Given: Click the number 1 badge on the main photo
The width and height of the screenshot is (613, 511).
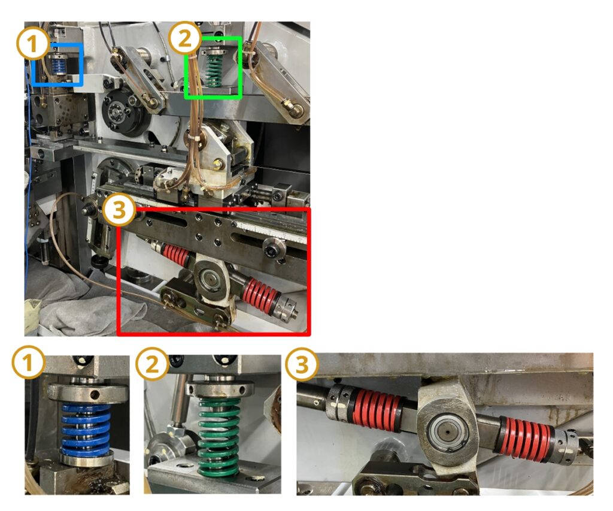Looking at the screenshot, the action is tap(33, 43).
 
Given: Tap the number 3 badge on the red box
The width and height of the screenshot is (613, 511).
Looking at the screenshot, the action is tap(120, 210).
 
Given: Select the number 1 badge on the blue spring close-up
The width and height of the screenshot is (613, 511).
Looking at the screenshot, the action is tap(28, 364).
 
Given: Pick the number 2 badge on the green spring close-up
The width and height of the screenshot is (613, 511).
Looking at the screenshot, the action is tap(152, 364).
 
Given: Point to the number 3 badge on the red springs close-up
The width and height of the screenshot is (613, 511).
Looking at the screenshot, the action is tap(301, 364).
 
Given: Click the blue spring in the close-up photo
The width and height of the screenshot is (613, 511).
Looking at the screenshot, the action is tap(86, 430).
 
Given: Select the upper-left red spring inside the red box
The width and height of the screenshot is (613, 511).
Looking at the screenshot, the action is tap(177, 255).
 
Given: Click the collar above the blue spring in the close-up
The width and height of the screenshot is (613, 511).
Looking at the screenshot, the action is tap(88, 392).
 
